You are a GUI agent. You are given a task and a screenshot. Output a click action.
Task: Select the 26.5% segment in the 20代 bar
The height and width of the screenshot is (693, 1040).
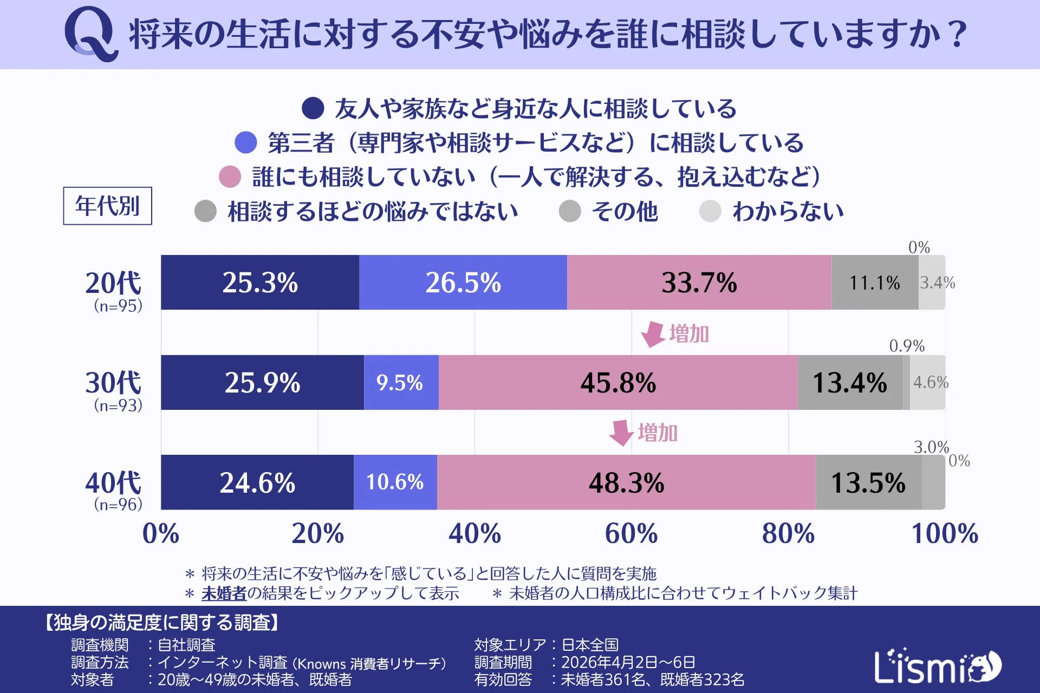pyautogui.click(x=463, y=283)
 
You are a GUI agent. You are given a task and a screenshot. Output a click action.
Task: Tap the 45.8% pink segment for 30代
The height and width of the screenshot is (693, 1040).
pyautogui.click(x=618, y=383)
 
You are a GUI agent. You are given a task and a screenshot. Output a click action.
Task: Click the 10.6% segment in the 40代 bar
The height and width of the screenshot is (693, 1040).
pyautogui.click(x=395, y=482)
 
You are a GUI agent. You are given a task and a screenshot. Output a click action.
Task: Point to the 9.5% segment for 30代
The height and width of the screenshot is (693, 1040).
pyautogui.click(x=400, y=383)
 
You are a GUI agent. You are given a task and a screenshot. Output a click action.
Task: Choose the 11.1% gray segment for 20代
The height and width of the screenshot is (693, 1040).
pyautogui.click(x=874, y=283)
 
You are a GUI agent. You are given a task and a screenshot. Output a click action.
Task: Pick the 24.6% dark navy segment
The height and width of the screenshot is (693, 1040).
pyautogui.click(x=257, y=482)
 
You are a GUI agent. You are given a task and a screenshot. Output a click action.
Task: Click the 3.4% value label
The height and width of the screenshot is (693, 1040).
pyautogui.click(x=937, y=283)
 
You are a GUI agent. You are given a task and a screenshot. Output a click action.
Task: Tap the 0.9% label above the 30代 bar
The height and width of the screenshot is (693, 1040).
pyautogui.click(x=907, y=346)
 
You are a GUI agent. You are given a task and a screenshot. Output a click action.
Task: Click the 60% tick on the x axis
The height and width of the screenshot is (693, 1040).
pyautogui.click(x=631, y=534)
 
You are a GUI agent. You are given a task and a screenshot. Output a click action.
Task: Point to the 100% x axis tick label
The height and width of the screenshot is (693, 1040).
pyautogui.click(x=945, y=534)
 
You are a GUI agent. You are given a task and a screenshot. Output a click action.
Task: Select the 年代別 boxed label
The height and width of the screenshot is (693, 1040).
pyautogui.click(x=107, y=206)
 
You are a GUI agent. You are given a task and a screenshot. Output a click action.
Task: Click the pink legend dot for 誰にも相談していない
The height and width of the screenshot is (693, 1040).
pyautogui.click(x=230, y=177)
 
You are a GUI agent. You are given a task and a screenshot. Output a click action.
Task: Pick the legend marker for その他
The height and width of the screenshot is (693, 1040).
pyautogui.click(x=570, y=211)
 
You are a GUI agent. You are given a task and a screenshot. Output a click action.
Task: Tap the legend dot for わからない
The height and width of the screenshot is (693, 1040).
pyautogui.click(x=710, y=211)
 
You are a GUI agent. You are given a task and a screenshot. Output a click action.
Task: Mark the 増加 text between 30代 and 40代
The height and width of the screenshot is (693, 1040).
pyautogui.click(x=658, y=433)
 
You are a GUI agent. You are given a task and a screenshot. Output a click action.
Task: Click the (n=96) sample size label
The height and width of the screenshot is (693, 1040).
pyautogui.click(x=118, y=505)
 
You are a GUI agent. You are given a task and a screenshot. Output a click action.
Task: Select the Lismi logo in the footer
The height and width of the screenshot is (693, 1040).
pyautogui.click(x=937, y=666)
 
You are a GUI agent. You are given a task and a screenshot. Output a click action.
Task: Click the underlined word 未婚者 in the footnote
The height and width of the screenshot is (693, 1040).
pyautogui.click(x=224, y=593)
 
